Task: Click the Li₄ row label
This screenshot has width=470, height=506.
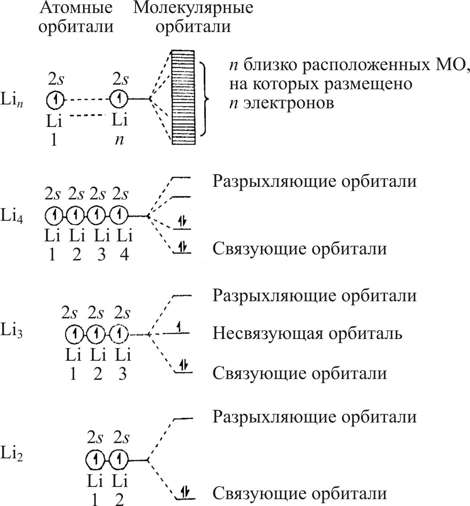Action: pos(12,216)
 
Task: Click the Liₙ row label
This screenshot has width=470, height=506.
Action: pos(12,101)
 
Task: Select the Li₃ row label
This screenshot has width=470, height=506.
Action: pos(12,330)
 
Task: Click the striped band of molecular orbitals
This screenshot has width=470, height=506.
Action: pos(183,97)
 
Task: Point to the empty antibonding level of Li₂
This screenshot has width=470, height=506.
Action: pos(183,418)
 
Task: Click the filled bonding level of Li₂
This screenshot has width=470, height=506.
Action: pos(184,497)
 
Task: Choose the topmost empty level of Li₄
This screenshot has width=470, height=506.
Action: pos(181,178)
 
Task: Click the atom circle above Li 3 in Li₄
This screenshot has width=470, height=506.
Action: pos(98,216)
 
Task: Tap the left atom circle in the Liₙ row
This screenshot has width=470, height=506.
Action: pos(56,100)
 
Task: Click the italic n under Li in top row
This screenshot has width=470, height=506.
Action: pos(120,140)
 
